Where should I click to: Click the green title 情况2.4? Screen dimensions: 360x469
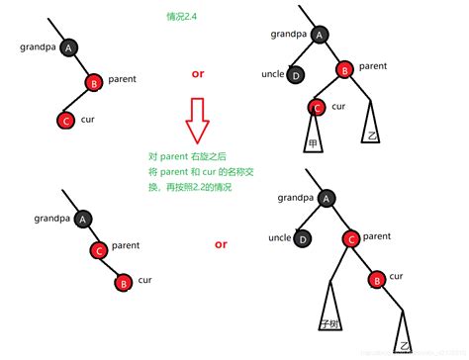pyautogui.click(x=183, y=17)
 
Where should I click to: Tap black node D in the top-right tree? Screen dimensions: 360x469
pyautogui.click(x=295, y=75)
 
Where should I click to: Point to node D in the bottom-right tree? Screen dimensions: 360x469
pyautogui.click(x=304, y=238)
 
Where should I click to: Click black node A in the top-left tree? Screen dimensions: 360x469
pyautogui.click(x=68, y=46)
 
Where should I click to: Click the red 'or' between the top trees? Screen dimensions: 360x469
pyautogui.click(x=197, y=75)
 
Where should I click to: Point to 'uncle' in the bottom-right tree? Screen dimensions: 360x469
pyautogui.click(x=280, y=237)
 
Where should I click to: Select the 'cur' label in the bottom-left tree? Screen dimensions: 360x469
pyautogui.click(x=145, y=280)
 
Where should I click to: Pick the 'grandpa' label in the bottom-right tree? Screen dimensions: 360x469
pyautogui.click(x=295, y=198)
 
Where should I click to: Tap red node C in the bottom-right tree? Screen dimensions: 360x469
pyautogui.click(x=350, y=239)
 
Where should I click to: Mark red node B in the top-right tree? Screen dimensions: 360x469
pyautogui.click(x=344, y=69)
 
